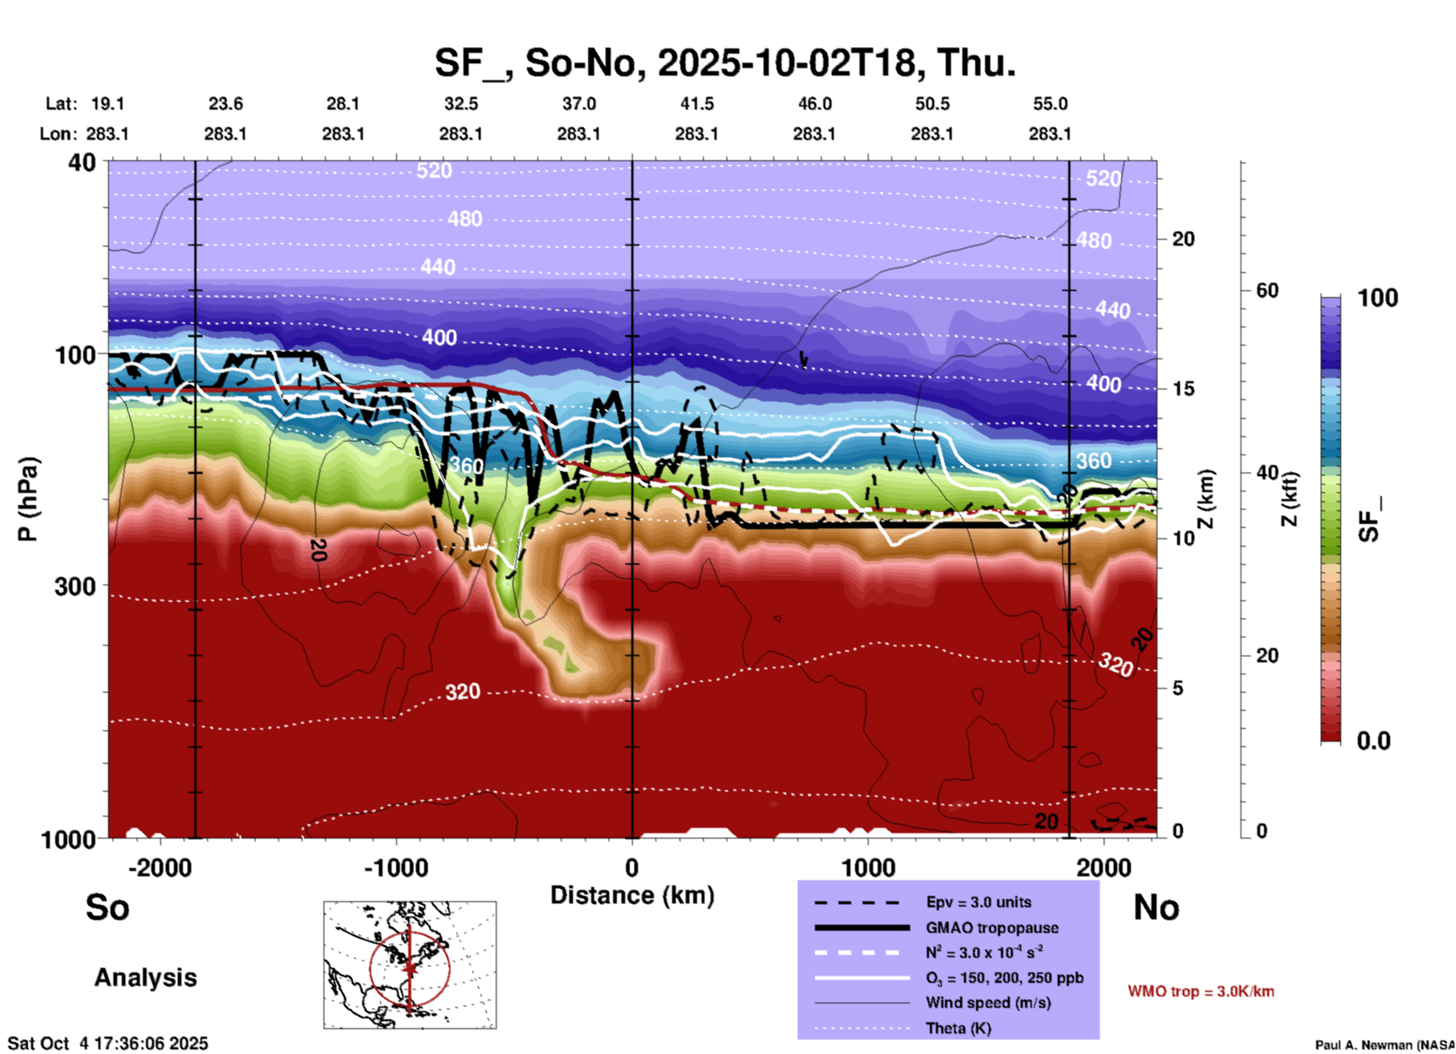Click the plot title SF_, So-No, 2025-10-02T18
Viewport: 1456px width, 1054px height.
pos(724,63)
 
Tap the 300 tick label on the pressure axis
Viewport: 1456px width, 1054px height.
pos(75,586)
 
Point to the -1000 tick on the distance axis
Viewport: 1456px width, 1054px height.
pos(395,868)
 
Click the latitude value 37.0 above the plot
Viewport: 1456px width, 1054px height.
pos(578,104)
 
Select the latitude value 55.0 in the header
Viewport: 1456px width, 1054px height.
pos(1050,104)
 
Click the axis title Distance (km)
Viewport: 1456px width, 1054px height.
pos(632,895)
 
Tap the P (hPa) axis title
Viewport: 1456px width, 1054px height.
pos(28,498)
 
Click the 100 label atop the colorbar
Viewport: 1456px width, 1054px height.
pos(1377,298)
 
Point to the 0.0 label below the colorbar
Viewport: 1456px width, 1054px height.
pos(1374,740)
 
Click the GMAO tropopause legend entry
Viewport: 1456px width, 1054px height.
pos(992,928)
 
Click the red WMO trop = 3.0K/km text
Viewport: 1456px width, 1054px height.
pos(1200,991)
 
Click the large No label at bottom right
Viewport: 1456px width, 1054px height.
pos(1156,907)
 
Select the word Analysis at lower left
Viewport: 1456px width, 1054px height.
pos(145,978)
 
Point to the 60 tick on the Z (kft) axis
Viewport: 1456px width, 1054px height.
pos(1267,290)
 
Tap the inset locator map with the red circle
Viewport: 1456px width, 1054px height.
pos(410,965)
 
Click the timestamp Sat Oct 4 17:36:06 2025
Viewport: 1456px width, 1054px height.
pos(108,1043)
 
